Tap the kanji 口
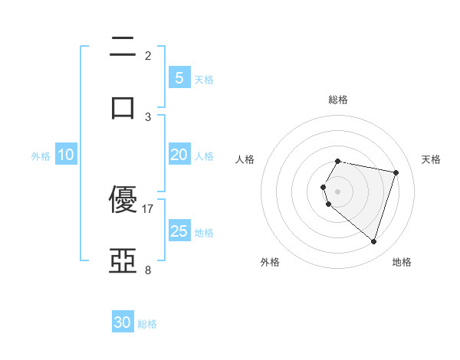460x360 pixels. pos(123,105)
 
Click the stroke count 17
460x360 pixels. pos(148,208)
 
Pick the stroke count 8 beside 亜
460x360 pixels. pos(148,270)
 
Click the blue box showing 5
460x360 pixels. pos(179,78)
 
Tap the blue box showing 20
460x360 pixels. pos(179,155)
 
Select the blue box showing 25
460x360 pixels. pos(179,231)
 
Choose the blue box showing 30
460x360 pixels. pos(123,322)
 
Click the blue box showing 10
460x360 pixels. pos(66,155)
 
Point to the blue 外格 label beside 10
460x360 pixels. pos(41,156)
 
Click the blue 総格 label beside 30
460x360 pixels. pos(147,324)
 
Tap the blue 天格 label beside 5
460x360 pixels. pos(204,80)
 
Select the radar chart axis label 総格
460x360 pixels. pos(338,100)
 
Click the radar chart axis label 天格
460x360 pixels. pos(432,159)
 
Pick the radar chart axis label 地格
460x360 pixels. pos(402,262)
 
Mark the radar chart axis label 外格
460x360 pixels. pos(270,262)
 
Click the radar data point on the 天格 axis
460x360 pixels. pos(396,172)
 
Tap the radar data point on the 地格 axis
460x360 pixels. pos(373,241)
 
